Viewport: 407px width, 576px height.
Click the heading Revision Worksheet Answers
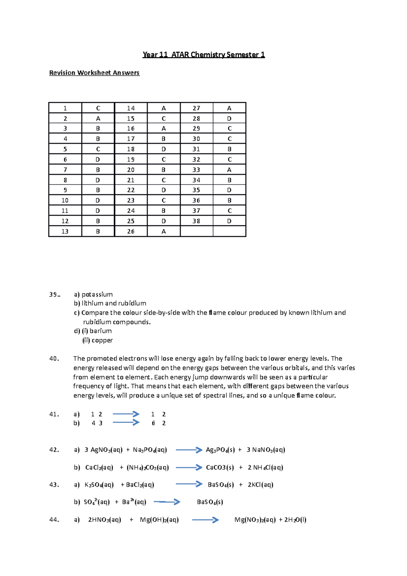coord(94,73)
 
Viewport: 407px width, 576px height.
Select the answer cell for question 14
coord(163,108)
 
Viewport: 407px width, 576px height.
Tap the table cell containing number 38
coord(196,221)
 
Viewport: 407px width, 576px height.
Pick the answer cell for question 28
coord(229,118)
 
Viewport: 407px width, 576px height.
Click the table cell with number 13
coord(65,231)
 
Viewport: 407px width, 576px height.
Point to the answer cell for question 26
coord(163,231)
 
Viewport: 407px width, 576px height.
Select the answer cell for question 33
coord(229,170)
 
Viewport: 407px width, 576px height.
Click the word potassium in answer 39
coord(97,294)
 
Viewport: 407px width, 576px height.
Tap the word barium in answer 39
coord(100,331)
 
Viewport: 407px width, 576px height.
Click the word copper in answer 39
coord(102,340)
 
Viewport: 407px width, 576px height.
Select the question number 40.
coord(54,359)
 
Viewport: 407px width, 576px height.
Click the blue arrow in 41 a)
coord(126,414)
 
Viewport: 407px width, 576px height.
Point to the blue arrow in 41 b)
coord(126,422)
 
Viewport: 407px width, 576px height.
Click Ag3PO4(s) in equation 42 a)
coord(220,450)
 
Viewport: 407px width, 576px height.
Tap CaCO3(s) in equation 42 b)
coord(220,467)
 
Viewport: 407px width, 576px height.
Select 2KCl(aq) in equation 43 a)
coord(260,485)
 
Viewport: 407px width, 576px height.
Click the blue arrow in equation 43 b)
coord(167,502)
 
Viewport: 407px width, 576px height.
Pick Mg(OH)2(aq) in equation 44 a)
coord(159,520)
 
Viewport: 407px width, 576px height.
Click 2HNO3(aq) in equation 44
coord(104,520)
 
